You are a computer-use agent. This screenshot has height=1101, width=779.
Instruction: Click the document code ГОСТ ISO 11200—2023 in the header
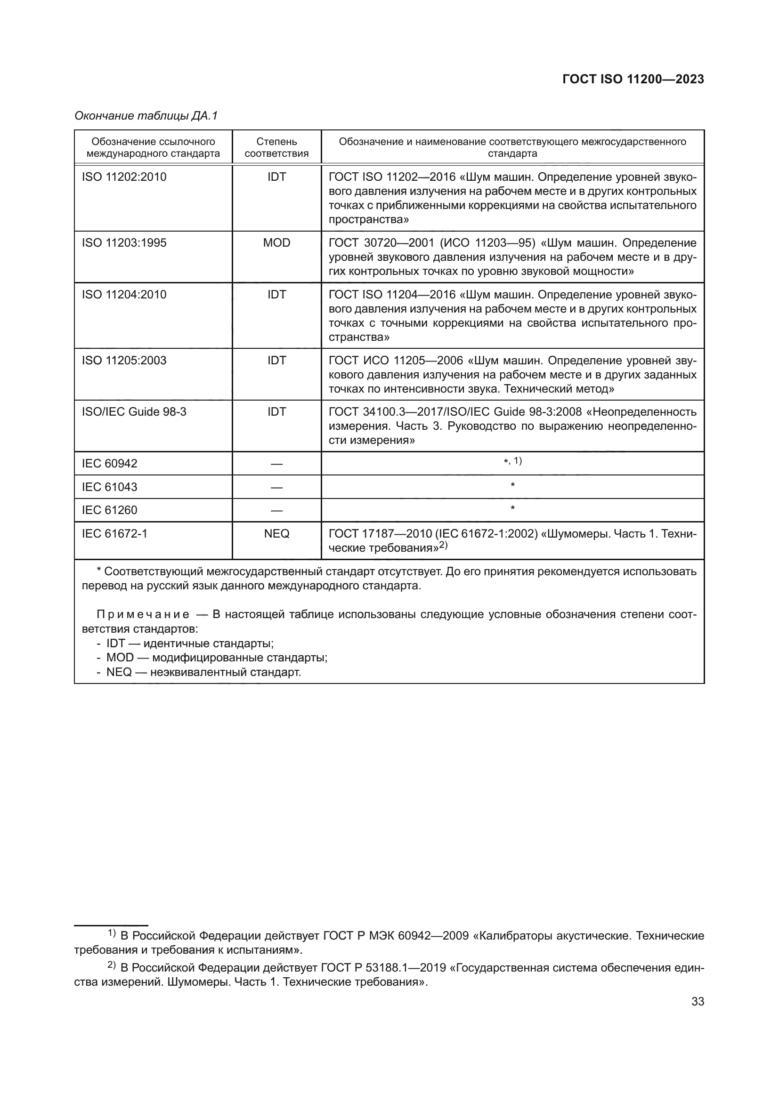pos(633,80)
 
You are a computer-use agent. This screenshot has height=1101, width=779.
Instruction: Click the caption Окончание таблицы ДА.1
pos(146,116)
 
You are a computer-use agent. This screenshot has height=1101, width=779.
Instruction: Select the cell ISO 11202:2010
pos(124,177)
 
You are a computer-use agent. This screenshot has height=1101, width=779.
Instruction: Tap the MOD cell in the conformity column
pos(276,242)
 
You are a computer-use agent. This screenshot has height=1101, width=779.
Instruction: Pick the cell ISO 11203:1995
pos(124,242)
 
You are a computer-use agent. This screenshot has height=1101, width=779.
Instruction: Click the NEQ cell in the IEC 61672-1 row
pos(276,533)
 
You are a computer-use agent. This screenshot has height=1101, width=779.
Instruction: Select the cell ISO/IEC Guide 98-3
pos(134,411)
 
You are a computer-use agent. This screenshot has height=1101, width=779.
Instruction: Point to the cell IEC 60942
pos(109,463)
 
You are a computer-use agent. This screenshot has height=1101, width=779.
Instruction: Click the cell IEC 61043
pos(109,487)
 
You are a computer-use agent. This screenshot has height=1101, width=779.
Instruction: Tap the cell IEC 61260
pos(109,510)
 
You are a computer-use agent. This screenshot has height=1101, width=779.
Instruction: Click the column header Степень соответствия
pos(276,147)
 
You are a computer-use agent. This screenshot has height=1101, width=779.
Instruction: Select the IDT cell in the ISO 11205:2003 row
pos(276,360)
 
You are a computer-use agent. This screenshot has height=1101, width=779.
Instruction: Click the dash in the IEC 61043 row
pos(276,488)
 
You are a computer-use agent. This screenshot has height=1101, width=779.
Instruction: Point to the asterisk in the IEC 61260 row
pos(512,508)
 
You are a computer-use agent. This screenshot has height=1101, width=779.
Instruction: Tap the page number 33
pos(698,1001)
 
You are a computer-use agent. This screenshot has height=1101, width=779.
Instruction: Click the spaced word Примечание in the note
pos(142,615)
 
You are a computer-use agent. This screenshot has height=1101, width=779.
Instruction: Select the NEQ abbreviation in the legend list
pos(119,672)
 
